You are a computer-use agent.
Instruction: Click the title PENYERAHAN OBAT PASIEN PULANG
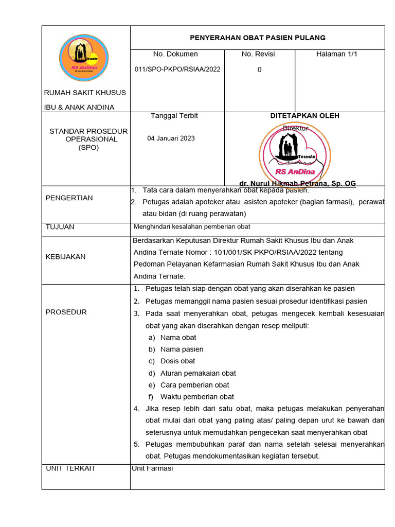point(258,38)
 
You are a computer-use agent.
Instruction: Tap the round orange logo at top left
point(84,58)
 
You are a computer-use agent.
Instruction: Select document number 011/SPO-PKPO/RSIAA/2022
point(177,69)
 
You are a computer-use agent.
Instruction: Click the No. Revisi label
point(258,54)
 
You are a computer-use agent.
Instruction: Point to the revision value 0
point(259,70)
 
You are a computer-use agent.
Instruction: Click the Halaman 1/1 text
point(336,54)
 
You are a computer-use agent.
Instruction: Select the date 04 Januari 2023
point(171,138)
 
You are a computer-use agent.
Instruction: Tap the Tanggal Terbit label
point(174,116)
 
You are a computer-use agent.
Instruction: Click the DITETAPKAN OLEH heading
point(304,116)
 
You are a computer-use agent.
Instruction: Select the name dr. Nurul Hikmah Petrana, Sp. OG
point(297,183)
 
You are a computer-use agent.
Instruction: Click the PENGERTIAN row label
point(69,198)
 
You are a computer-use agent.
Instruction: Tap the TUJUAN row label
point(60,227)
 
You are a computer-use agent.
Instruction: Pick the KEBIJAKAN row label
point(65,257)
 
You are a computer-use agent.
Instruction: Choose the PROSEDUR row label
point(66,312)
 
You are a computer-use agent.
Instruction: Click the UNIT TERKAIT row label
point(70,468)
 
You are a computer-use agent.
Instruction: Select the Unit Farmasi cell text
point(152,468)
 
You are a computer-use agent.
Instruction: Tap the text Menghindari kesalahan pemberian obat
point(192,227)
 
